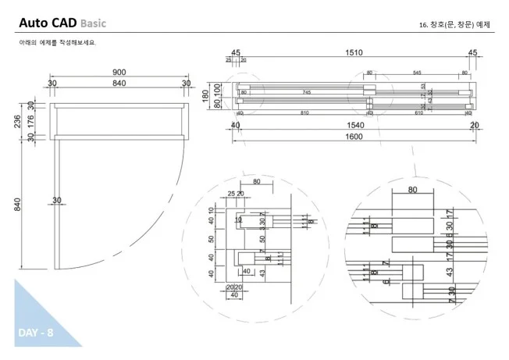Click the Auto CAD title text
click(48, 23)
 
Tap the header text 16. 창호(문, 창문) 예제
click(454, 25)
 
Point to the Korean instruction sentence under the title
click(58, 42)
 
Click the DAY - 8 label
click(35, 333)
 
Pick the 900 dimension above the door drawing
click(119, 72)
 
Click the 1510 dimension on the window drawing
click(354, 52)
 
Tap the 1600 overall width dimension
click(354, 137)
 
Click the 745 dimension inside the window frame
click(306, 92)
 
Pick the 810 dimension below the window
click(304, 113)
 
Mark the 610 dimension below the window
click(418, 113)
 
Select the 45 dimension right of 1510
click(472, 52)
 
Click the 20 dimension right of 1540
click(475, 125)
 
